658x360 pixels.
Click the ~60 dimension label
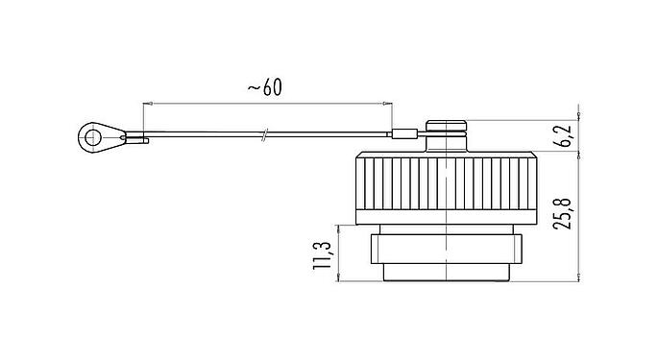pyautogui.click(x=265, y=87)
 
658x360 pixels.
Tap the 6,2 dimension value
pyautogui.click(x=565, y=136)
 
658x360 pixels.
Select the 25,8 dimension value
pyautogui.click(x=562, y=213)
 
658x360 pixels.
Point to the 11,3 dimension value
pyautogui.click(x=322, y=255)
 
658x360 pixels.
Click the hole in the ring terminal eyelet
pyautogui.click(x=92, y=137)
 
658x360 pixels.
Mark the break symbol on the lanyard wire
pyautogui.click(x=263, y=135)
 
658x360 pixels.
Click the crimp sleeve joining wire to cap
pyautogui.click(x=404, y=134)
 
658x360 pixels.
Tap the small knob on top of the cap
pyautogui.click(x=446, y=126)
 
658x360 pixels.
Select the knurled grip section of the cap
pyautogui.click(x=446, y=183)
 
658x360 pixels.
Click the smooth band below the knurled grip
pyautogui.click(x=446, y=217)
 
